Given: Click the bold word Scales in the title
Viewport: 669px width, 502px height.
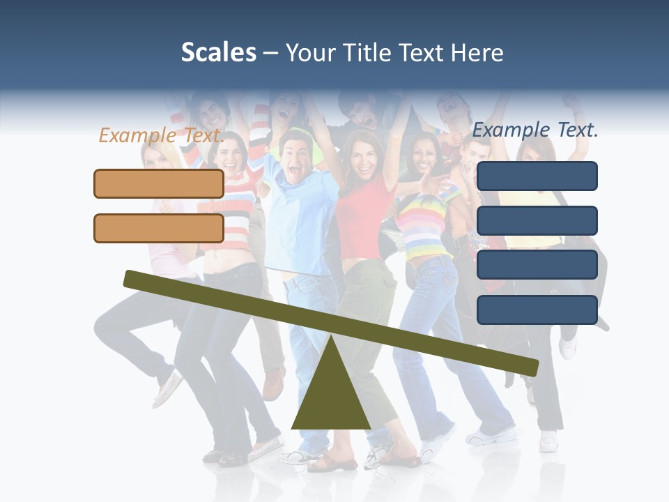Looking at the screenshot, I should pyautogui.click(x=218, y=52).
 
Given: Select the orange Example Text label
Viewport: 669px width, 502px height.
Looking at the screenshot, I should pyautogui.click(x=161, y=135).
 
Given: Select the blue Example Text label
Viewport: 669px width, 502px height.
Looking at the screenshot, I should pyautogui.click(x=535, y=130).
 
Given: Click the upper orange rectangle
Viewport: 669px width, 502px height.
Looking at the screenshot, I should pyautogui.click(x=159, y=183).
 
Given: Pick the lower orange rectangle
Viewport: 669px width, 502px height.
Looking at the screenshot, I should pyautogui.click(x=159, y=228).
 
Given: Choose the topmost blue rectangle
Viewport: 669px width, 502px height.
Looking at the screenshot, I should pyautogui.click(x=537, y=176).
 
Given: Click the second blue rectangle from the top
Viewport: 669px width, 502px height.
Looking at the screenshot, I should pyautogui.click(x=537, y=220).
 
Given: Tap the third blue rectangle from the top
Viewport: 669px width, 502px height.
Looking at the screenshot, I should pyautogui.click(x=537, y=265).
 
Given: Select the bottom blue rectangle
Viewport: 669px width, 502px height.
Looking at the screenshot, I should pyautogui.click(x=537, y=310).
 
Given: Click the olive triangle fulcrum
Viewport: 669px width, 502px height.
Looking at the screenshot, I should pyautogui.click(x=330, y=397).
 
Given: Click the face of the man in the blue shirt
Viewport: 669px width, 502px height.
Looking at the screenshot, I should pyautogui.click(x=295, y=157).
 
